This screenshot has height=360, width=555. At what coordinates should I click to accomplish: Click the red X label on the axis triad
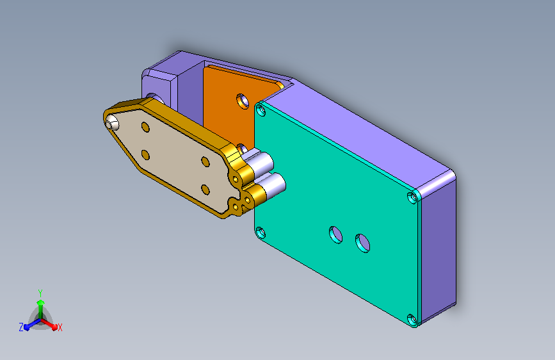[60, 327]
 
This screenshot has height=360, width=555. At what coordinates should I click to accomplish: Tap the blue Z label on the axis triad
[21, 327]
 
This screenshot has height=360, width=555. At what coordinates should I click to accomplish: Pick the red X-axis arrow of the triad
[51, 324]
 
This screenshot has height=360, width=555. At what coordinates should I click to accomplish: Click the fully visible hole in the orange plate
[243, 101]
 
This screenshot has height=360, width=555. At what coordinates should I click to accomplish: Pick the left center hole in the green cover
[335, 234]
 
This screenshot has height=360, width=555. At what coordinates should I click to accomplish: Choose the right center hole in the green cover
[362, 243]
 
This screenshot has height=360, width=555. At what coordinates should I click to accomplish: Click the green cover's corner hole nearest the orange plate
[261, 111]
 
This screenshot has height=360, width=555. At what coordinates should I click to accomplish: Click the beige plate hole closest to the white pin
[145, 127]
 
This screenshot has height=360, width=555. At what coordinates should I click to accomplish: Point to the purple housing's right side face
[439, 243]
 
